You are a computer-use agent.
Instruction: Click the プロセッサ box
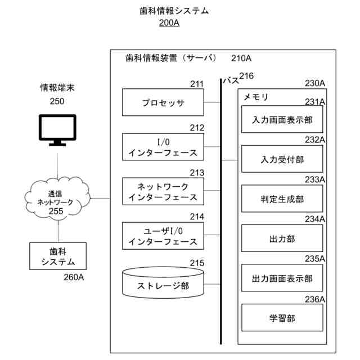click(x=163, y=103)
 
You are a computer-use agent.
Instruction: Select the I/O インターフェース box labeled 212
click(x=163, y=147)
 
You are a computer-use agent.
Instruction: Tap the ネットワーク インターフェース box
click(x=163, y=191)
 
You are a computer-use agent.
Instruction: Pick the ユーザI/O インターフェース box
click(x=163, y=236)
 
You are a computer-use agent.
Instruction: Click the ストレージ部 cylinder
click(x=163, y=283)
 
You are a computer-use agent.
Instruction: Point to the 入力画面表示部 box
click(x=282, y=120)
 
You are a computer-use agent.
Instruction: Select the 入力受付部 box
click(x=282, y=159)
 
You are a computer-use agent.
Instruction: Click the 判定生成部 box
click(x=282, y=199)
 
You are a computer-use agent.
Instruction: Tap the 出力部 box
click(x=282, y=238)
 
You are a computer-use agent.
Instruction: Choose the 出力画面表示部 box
click(x=282, y=278)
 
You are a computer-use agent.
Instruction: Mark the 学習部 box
click(x=282, y=318)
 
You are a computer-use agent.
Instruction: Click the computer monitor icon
click(x=57, y=129)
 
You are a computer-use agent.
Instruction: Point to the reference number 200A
click(x=169, y=23)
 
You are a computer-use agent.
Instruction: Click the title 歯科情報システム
click(x=174, y=11)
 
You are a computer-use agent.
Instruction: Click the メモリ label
click(x=255, y=97)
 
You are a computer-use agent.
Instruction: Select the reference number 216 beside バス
click(x=247, y=76)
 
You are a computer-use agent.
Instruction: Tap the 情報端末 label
click(x=57, y=88)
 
